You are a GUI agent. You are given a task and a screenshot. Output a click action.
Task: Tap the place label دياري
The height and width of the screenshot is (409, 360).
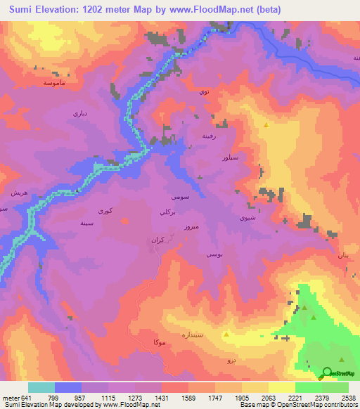(79, 112)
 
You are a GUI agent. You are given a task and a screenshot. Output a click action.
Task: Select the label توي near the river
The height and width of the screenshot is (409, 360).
(204, 92)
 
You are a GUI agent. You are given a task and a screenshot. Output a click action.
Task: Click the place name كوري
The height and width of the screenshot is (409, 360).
(104, 210)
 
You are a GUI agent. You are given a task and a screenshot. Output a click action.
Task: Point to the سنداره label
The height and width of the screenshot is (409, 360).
(192, 335)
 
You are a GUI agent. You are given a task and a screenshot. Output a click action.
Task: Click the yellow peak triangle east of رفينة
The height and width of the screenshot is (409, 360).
(266, 125)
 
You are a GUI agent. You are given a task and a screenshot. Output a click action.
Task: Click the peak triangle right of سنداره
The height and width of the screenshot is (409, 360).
(226, 335)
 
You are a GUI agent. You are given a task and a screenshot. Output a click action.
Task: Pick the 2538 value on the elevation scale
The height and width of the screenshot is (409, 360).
(349, 398)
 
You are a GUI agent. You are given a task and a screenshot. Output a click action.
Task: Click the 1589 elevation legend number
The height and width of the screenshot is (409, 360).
(188, 398)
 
